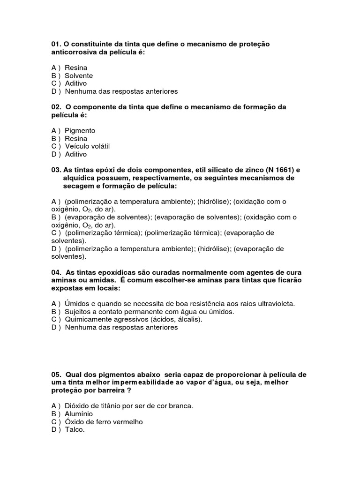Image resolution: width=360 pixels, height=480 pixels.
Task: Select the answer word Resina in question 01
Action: pyautogui.click(x=76, y=67)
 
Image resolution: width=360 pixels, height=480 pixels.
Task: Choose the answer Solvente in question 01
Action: pyautogui.click(x=79, y=75)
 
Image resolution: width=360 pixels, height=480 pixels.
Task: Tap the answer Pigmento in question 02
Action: pyautogui.click(x=80, y=131)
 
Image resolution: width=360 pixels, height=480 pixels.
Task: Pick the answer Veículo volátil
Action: pyautogui.click(x=87, y=146)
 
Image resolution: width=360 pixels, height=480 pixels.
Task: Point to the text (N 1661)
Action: pyautogui.click(x=277, y=170)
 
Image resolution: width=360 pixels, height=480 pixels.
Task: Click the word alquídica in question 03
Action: pyautogui.click(x=78, y=178)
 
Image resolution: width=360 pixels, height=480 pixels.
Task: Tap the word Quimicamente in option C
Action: pyautogui.click(x=86, y=320)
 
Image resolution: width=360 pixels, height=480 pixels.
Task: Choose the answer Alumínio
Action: pyautogui.click(x=79, y=414)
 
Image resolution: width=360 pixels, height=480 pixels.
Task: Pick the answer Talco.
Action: pyautogui.click(x=75, y=430)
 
